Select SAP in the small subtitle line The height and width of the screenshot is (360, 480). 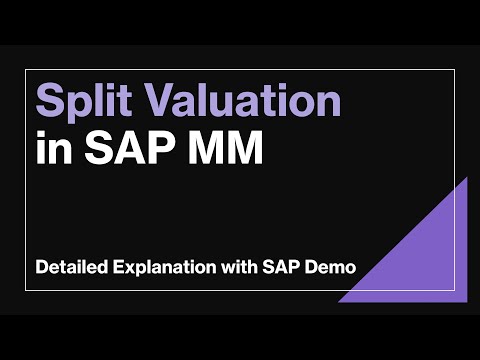(282, 268)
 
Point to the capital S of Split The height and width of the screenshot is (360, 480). (47, 102)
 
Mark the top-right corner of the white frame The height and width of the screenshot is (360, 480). (455, 71)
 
